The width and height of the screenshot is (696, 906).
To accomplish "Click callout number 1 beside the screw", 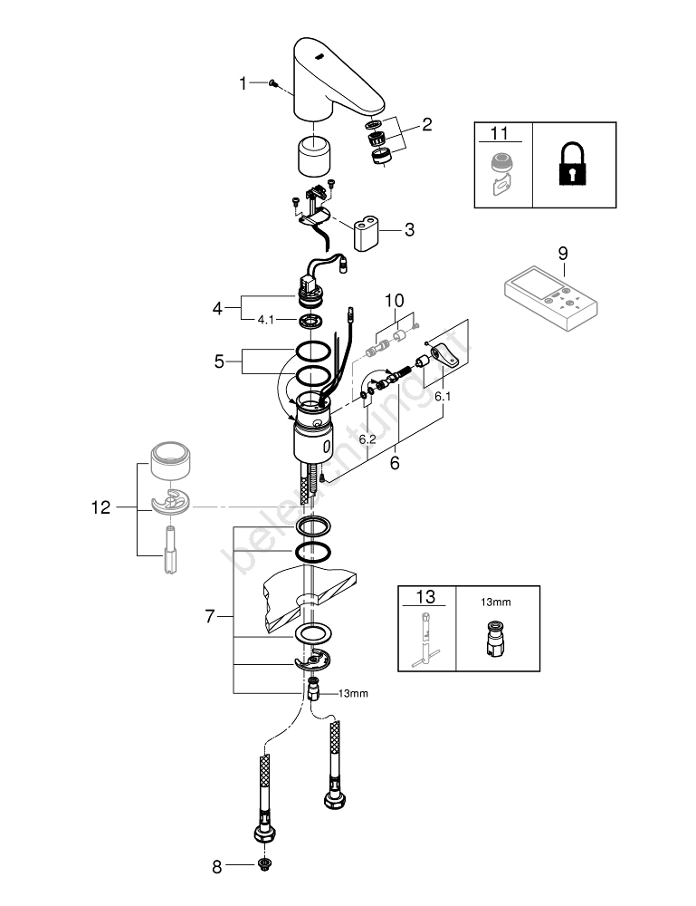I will point(243,83).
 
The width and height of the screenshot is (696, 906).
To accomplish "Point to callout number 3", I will point(409,230).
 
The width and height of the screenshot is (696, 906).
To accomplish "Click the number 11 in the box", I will point(499,134).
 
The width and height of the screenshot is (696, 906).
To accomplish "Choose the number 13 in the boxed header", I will point(425,597).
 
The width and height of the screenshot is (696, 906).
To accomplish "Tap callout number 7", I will point(210,616).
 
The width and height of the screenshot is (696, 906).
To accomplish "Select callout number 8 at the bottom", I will point(216,867).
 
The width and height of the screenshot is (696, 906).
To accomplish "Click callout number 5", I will point(219,361).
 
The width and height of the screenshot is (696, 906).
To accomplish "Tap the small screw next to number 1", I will point(272,83).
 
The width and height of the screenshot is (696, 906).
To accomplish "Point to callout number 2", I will point(401,124).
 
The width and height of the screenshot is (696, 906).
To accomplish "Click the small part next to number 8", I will point(263,866).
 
